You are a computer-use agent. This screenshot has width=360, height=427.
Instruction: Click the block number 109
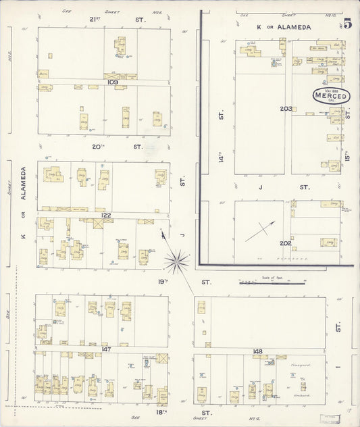tap(112, 82)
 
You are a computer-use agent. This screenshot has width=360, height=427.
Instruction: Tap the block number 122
tap(105, 215)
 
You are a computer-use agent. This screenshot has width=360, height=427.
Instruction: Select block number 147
tap(105, 349)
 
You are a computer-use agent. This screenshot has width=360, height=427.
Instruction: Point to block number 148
tap(257, 351)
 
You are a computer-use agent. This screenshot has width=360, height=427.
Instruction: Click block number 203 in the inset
tap(286, 109)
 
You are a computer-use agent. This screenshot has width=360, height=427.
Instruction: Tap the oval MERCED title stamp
tap(331, 96)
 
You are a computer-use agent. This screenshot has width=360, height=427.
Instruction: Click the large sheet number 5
tap(347, 24)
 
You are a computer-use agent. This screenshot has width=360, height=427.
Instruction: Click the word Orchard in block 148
tap(301, 396)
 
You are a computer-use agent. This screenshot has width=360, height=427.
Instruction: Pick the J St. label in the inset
tap(284, 187)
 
